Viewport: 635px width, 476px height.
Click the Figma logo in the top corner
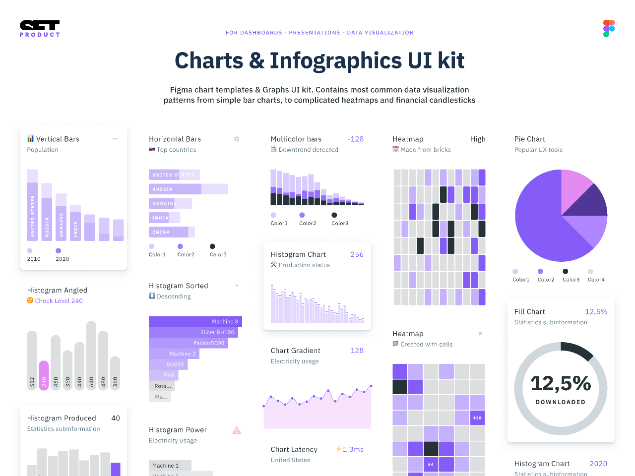tap(609, 29)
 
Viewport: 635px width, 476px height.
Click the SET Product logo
tap(40, 28)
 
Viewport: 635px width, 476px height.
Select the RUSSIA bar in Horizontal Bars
tap(188, 189)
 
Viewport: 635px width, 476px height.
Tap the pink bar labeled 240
tap(44, 375)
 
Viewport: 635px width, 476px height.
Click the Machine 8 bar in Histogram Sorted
tap(195, 321)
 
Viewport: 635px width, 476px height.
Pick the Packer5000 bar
tap(189, 343)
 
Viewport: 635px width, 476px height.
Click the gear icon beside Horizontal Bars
tap(237, 139)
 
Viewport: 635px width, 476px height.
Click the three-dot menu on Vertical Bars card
tap(115, 139)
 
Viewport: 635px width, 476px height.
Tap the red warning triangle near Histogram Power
tap(237, 430)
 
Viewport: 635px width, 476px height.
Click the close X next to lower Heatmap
tap(480, 334)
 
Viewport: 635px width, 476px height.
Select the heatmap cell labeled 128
tap(477, 418)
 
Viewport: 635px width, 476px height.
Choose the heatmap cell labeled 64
tap(431, 465)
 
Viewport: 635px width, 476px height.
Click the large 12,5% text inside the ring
tap(561, 383)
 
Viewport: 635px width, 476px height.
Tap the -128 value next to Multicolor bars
tap(355, 139)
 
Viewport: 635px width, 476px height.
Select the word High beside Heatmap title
tap(478, 139)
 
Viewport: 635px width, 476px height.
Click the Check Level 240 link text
tap(59, 300)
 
